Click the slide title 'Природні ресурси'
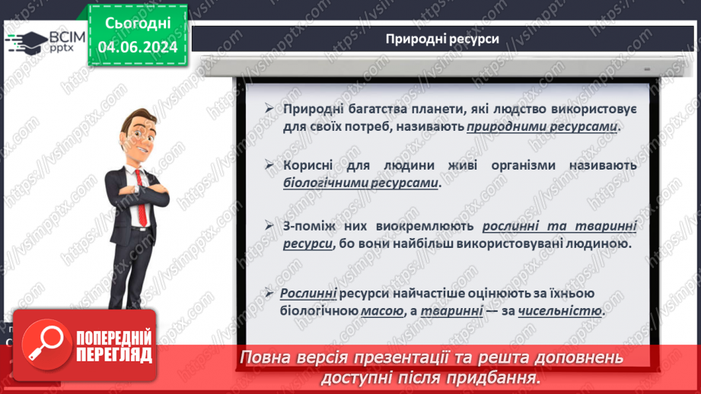(442, 39)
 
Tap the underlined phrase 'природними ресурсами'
(543, 127)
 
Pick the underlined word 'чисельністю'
(560, 311)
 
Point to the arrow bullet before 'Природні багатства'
(269, 110)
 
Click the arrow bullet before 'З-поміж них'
(269, 226)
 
